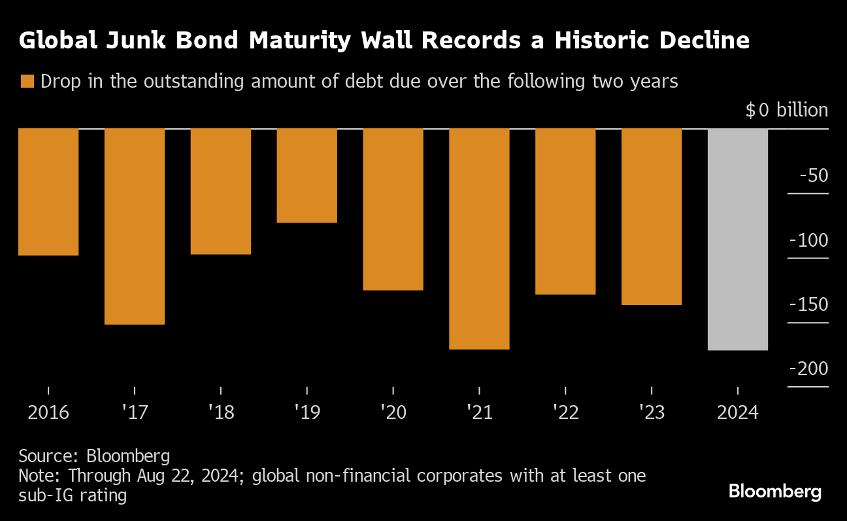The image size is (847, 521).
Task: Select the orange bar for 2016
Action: (48, 192)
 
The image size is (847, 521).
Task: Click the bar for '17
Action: (135, 226)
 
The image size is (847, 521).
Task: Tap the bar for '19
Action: (307, 175)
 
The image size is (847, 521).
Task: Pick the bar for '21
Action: (479, 239)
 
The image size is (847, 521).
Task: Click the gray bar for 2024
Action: (738, 240)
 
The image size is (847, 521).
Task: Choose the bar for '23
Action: (652, 217)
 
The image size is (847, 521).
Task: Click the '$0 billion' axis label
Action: (786, 110)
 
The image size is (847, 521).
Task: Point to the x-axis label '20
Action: (393, 413)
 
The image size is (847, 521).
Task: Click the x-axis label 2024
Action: (738, 413)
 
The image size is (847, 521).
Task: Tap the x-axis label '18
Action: (220, 413)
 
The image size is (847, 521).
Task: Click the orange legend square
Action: (27, 82)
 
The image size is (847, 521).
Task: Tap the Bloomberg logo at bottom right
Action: (774, 491)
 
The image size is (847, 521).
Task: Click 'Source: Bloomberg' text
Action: (94, 456)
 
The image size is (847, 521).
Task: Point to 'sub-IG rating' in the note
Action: (73, 495)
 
